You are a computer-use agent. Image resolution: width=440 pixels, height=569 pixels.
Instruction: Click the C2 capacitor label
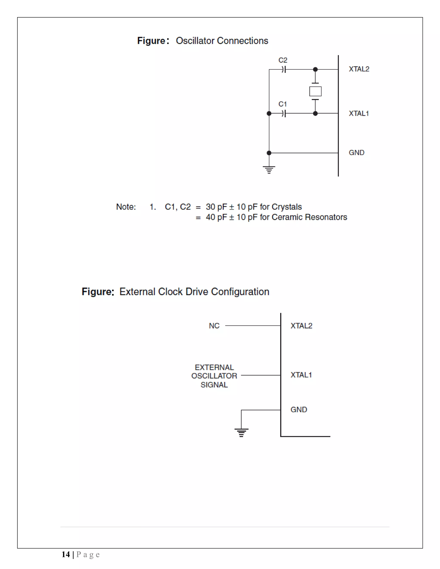click(x=283, y=60)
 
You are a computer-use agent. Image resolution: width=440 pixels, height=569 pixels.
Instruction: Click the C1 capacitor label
click(x=283, y=104)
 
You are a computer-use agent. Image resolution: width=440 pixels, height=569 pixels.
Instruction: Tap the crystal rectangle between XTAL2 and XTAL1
click(x=315, y=91)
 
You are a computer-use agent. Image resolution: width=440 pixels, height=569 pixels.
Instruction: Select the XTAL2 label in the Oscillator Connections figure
click(x=359, y=69)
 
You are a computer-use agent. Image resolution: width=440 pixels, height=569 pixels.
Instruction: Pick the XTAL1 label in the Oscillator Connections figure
click(x=359, y=113)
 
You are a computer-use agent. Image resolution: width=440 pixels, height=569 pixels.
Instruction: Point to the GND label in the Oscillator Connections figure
click(x=356, y=153)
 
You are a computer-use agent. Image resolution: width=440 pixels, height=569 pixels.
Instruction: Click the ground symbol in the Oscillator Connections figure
click(x=269, y=170)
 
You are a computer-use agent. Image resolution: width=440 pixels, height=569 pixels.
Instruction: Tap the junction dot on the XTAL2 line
click(x=315, y=69)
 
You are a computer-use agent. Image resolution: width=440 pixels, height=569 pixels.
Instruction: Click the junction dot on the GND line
click(x=269, y=153)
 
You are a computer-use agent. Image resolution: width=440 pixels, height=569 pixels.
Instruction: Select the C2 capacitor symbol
click(x=284, y=70)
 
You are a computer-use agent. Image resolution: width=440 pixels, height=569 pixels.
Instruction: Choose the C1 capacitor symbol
click(x=284, y=114)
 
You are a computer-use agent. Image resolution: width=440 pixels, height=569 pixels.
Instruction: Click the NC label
click(x=214, y=326)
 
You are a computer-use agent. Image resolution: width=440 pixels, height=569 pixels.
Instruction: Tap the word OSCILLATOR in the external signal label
click(x=214, y=376)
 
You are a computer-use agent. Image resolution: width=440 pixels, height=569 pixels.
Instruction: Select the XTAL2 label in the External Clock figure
click(x=301, y=326)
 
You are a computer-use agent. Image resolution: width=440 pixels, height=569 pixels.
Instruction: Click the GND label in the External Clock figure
click(x=299, y=409)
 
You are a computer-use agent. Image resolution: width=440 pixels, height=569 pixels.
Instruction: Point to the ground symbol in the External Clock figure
click(x=241, y=432)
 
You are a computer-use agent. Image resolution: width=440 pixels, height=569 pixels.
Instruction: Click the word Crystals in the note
click(x=286, y=207)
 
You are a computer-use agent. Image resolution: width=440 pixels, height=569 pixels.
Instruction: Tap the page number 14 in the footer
click(x=66, y=554)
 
